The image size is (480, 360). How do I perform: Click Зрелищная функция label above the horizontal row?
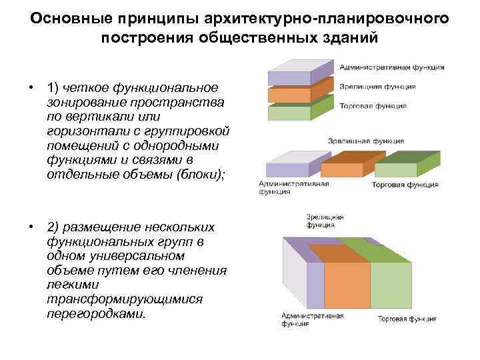click(365, 141)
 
